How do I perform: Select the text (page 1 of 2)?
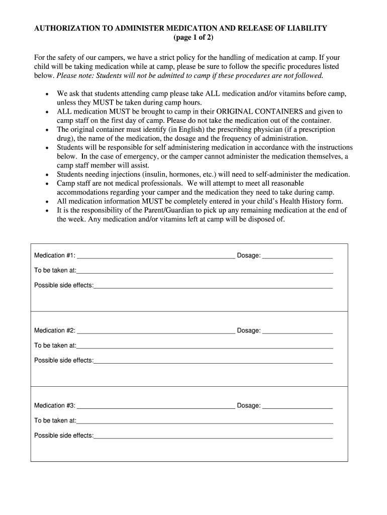click(193, 38)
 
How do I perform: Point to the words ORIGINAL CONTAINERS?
click(259, 112)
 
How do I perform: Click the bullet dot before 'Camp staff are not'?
click(47, 184)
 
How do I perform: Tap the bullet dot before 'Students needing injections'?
click(47, 175)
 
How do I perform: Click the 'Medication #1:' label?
click(54, 255)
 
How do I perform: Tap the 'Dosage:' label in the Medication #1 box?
click(248, 255)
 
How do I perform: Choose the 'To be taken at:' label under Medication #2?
click(55, 346)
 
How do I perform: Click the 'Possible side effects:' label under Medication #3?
click(63, 436)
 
